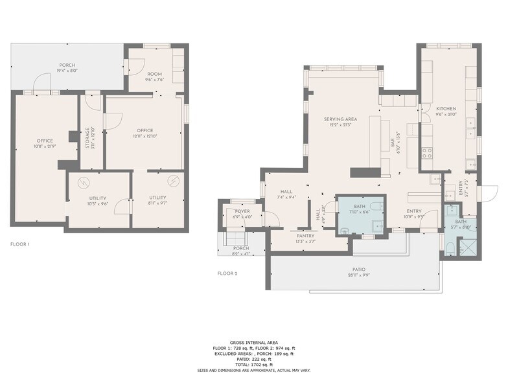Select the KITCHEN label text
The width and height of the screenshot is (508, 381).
[x=446, y=109]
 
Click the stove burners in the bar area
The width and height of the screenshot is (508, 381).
[x=428, y=153]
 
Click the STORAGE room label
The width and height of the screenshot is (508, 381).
[x=87, y=138]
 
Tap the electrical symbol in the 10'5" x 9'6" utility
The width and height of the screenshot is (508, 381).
[x=83, y=181]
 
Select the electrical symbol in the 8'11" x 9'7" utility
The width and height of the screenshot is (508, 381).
[x=173, y=180]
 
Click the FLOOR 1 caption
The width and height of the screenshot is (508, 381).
[x=19, y=244]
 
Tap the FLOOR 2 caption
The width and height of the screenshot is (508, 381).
[x=227, y=273]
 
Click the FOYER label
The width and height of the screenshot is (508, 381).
[x=242, y=212]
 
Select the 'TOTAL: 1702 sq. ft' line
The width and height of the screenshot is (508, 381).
[x=253, y=365]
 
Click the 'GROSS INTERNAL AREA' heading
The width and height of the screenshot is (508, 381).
[x=253, y=342]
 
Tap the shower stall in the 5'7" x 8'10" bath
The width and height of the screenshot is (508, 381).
[x=467, y=247]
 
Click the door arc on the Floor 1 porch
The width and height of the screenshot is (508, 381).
[x=41, y=82]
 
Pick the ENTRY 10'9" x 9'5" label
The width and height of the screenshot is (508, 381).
[x=414, y=211]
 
